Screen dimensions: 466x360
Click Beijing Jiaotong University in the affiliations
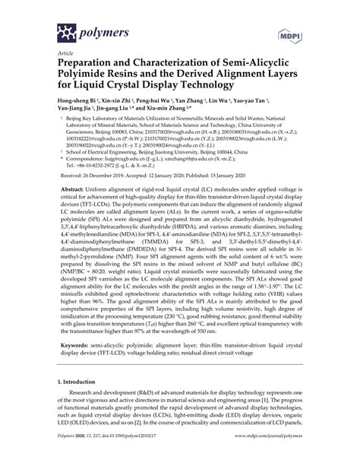tap(175, 173)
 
